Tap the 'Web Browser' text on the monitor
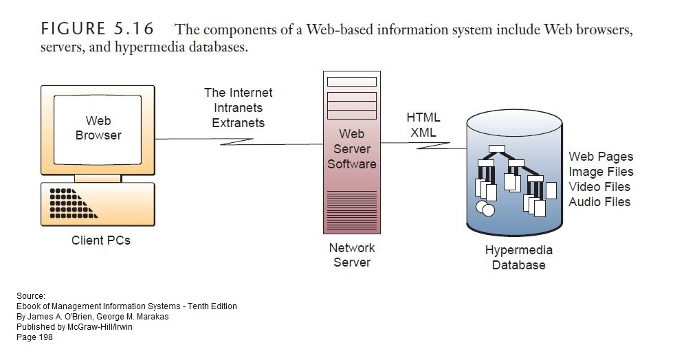tap(98, 128)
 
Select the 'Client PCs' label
tap(101, 240)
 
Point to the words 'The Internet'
tap(238, 93)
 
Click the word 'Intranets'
tap(238, 108)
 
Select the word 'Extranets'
tap(238, 123)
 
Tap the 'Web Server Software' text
tap(351, 149)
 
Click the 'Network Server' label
tap(351, 255)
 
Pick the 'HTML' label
tap(423, 117)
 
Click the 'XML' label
tap(423, 133)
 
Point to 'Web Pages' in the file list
tap(601, 157)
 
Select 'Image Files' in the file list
tap(601, 172)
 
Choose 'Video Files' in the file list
tap(599, 187)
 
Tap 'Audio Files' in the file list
tap(599, 202)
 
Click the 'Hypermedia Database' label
tap(519, 258)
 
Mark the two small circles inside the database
tap(485, 207)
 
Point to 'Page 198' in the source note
tap(34, 337)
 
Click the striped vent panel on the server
tap(351, 210)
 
